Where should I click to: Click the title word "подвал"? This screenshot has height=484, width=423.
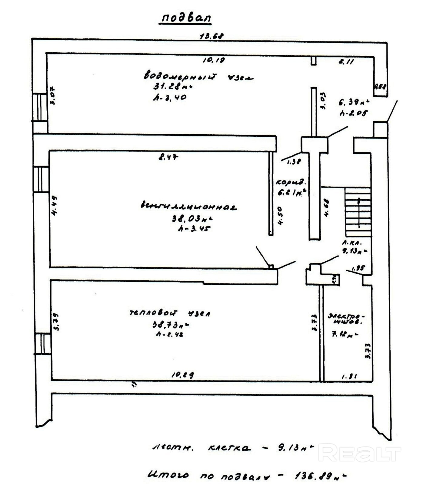coord(186,18)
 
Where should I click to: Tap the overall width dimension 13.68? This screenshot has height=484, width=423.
coord(212,36)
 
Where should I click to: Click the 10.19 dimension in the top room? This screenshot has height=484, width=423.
coord(214,60)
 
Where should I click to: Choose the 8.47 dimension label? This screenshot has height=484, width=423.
coord(168,157)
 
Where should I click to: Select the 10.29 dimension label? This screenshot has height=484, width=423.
coord(183,375)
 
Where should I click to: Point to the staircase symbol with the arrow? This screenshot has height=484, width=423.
coord(358,212)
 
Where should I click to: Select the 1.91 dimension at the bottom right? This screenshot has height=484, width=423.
coord(349,376)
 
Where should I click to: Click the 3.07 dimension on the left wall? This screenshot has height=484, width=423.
coord(53,96)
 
